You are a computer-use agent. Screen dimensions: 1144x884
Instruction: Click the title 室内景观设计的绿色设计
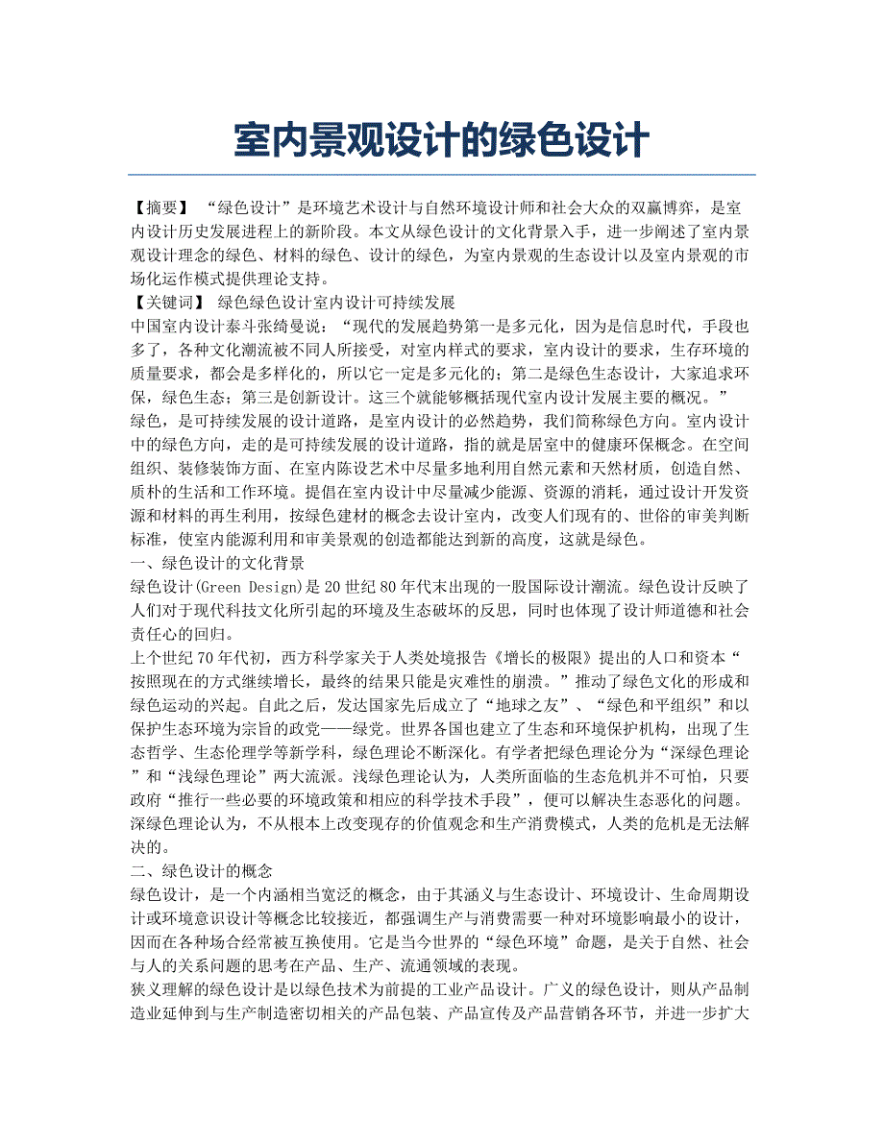(x=441, y=141)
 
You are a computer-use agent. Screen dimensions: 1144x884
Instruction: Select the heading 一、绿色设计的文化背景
(x=216, y=562)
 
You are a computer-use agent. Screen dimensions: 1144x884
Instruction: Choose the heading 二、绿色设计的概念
(x=201, y=871)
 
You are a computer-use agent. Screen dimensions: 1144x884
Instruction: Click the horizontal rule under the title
(x=441, y=175)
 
